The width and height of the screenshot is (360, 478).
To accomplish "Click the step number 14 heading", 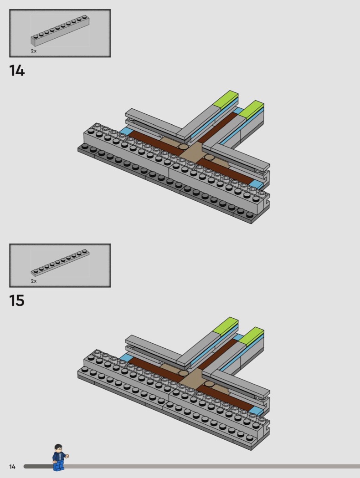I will pyautogui.click(x=17, y=71).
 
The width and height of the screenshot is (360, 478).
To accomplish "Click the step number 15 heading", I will pyautogui.click(x=17, y=300).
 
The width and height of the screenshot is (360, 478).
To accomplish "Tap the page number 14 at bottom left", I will pyautogui.click(x=12, y=467).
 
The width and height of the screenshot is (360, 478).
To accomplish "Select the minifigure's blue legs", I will pyautogui.click(x=58, y=465).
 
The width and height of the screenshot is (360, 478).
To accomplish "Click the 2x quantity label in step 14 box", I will pyautogui.click(x=34, y=51).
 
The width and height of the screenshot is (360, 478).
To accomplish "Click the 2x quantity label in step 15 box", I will pyautogui.click(x=34, y=281).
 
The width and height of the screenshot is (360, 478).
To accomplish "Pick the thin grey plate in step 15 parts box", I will pyautogui.click(x=60, y=263).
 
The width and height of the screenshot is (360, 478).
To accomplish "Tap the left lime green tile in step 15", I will pyautogui.click(x=226, y=325).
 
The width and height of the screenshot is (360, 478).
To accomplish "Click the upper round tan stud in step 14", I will pyautogui.click(x=184, y=147).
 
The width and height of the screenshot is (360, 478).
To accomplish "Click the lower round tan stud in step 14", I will pyautogui.click(x=209, y=158).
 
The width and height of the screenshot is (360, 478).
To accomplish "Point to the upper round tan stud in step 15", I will pyautogui.click(x=184, y=373).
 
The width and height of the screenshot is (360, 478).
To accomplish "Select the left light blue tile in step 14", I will pyautogui.click(x=127, y=132).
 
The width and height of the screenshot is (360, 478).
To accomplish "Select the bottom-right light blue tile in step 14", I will pyautogui.click(x=257, y=184).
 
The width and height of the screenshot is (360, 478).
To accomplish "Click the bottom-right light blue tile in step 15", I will pyautogui.click(x=257, y=411).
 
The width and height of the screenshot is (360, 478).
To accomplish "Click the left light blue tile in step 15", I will pyautogui.click(x=126, y=358).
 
